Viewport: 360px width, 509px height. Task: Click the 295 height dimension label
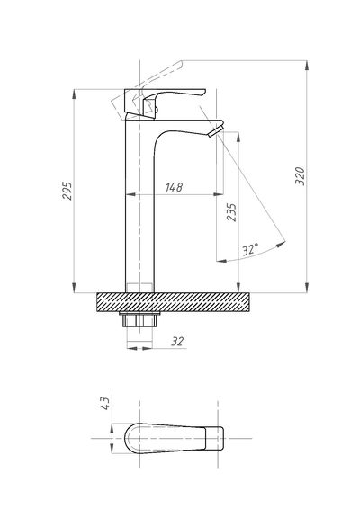click(x=67, y=191)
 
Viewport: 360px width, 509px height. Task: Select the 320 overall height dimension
click(x=301, y=176)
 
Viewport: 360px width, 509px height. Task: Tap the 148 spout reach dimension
click(x=175, y=187)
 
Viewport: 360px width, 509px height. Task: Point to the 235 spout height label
click(x=231, y=212)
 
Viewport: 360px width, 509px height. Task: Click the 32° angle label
click(x=250, y=249)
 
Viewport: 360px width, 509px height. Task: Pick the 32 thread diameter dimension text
click(x=177, y=342)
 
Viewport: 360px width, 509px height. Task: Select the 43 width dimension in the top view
click(x=106, y=403)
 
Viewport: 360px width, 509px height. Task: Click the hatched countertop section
click(x=173, y=302)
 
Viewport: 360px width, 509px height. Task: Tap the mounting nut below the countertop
click(x=139, y=320)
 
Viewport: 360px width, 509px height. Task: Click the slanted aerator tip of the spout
click(x=216, y=130)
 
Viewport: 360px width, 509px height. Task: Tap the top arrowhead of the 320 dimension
click(x=306, y=65)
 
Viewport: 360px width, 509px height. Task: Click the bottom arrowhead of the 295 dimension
click(x=75, y=289)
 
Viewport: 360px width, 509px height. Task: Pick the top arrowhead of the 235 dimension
click(x=238, y=137)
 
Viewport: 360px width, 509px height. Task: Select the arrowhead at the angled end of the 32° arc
click(x=282, y=245)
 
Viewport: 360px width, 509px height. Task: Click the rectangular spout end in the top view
click(x=215, y=438)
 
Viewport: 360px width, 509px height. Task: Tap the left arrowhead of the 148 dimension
click(x=130, y=194)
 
